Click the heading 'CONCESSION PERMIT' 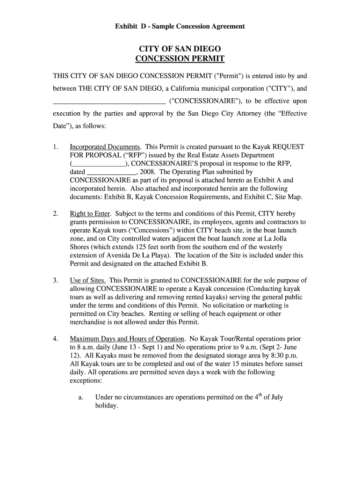180,59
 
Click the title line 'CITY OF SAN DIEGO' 180,49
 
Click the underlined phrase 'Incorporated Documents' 105,147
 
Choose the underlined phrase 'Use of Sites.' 87,281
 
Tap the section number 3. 55,281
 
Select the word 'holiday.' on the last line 107,406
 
